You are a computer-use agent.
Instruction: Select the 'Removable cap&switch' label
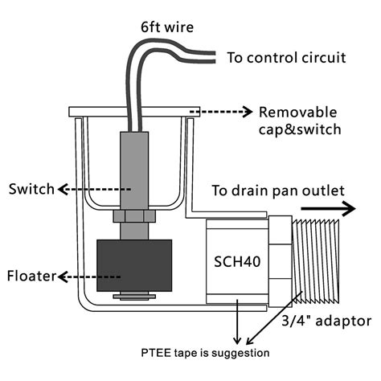298,120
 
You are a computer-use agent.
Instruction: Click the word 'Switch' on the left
31,190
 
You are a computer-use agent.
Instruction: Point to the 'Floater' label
31,277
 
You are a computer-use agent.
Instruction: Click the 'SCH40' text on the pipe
237,262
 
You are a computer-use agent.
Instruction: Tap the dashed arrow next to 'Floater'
88,277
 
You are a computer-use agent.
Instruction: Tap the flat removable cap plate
133,110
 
